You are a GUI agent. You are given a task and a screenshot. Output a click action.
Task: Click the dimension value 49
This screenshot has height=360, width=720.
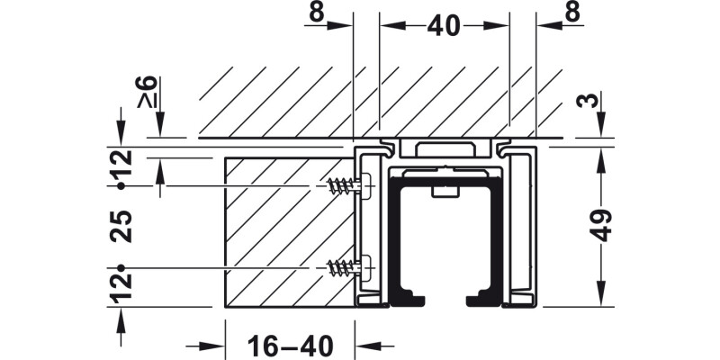pyautogui.click(x=600, y=225)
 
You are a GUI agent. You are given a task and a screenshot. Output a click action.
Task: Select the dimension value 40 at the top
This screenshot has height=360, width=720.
pyautogui.click(x=443, y=26)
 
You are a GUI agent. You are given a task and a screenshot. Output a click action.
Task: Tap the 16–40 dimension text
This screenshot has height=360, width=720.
pyautogui.click(x=290, y=346)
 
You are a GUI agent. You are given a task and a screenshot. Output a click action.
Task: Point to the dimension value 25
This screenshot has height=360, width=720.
pyautogui.click(x=121, y=227)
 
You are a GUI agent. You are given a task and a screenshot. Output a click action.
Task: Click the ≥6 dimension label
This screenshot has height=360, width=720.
pyautogui.click(x=147, y=92)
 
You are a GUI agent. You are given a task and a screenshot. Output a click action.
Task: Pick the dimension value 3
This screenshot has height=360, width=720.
pyautogui.click(x=589, y=100)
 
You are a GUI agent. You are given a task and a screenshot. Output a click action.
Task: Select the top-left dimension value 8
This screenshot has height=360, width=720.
pyautogui.click(x=317, y=13)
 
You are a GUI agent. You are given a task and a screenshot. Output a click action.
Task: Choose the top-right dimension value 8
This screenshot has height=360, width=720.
pyautogui.click(x=572, y=13)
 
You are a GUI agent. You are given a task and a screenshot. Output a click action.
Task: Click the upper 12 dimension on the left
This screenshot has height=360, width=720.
pyautogui.click(x=121, y=163)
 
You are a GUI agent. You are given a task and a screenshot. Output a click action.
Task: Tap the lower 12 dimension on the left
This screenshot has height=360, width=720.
pyautogui.click(x=121, y=288)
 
